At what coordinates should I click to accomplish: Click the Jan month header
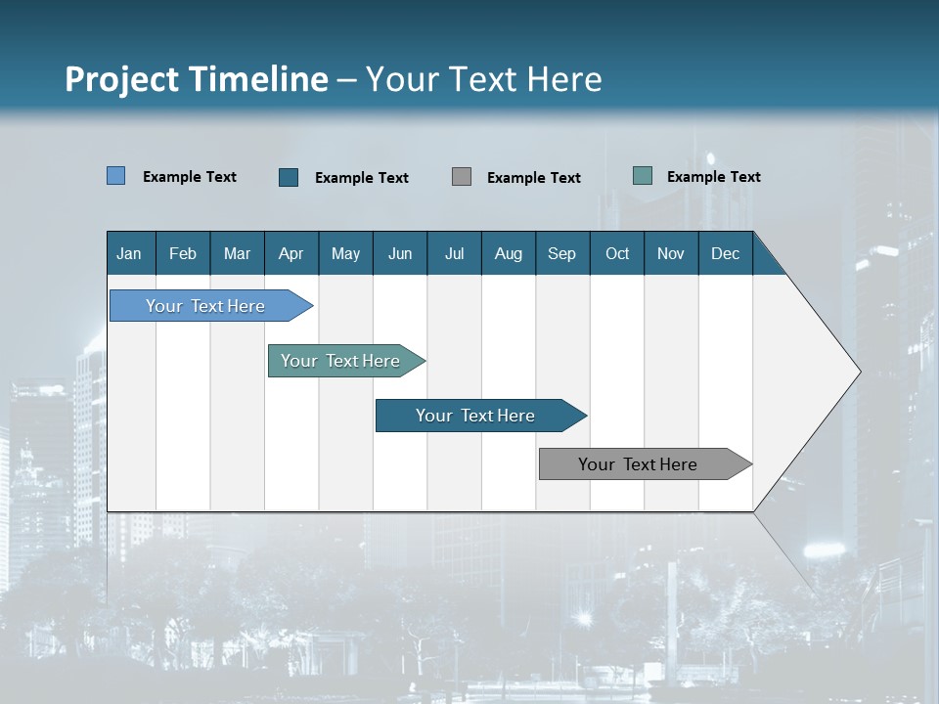[130, 253]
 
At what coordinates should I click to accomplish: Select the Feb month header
[183, 253]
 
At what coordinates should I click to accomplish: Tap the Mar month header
[237, 253]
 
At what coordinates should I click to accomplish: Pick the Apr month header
[291, 253]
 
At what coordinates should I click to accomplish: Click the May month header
[345, 253]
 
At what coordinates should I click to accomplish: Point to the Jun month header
[400, 253]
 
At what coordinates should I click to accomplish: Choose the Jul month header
[454, 253]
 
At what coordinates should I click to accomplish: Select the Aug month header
[509, 253]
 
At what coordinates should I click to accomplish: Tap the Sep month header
[562, 253]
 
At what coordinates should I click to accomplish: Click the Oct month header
[617, 253]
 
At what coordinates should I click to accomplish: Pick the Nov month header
[671, 253]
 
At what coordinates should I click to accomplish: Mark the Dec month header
[726, 253]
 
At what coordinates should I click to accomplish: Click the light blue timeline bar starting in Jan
[206, 306]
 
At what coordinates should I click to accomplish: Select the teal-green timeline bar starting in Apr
[341, 361]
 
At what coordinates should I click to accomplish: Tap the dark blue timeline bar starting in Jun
[476, 416]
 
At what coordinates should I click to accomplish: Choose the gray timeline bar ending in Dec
[639, 464]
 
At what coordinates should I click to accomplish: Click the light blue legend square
[116, 176]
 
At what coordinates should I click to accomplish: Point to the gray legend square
[462, 176]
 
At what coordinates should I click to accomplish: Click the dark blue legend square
[289, 177]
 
